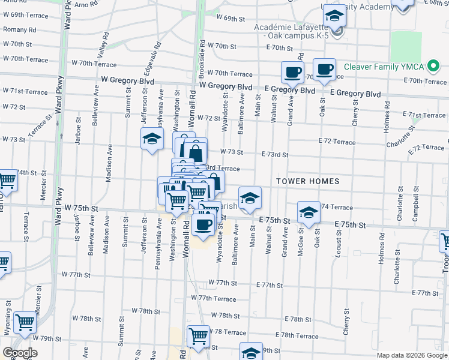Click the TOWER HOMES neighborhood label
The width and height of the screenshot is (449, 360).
tap(308, 181)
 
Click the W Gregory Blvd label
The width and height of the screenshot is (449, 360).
tap(124, 79)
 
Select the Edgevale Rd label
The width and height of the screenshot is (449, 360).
tap(158, 56)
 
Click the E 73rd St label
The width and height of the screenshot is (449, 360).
tap(275, 154)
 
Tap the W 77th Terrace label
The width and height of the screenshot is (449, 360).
tap(214, 298)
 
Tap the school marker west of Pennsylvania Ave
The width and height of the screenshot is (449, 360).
tap(152, 139)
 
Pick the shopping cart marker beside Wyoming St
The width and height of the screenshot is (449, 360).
tap(25, 323)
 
